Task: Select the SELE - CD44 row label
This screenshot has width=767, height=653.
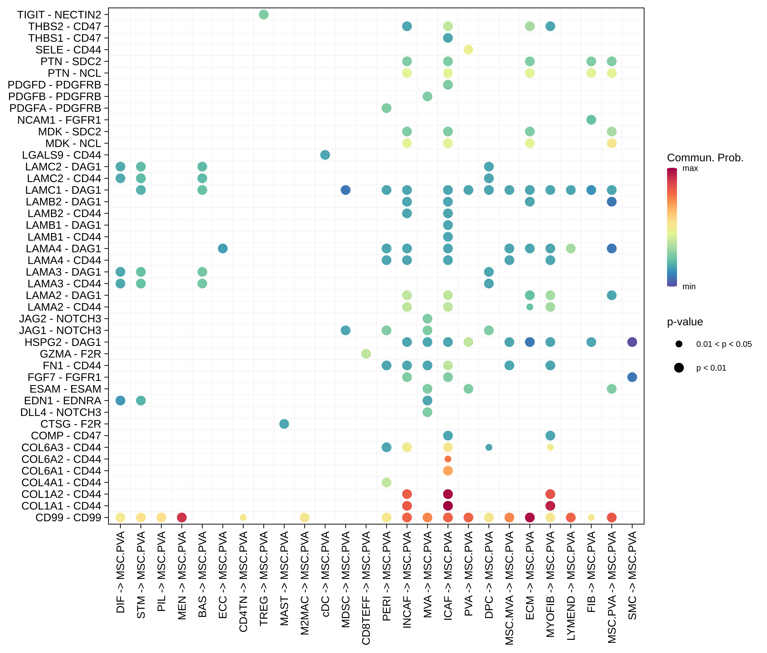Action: coord(68,50)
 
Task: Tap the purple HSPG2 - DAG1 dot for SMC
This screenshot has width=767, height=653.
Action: coord(632,342)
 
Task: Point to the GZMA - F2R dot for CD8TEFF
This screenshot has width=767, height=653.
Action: coord(366,354)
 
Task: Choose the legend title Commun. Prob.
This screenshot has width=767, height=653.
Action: coord(705,158)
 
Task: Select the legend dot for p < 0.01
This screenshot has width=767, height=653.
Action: coord(679,368)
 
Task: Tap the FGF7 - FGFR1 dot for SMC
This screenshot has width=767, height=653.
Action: coord(632,377)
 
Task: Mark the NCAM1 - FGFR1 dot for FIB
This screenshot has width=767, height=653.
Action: coord(591,120)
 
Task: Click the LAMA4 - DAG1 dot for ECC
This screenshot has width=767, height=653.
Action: coord(222,248)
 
